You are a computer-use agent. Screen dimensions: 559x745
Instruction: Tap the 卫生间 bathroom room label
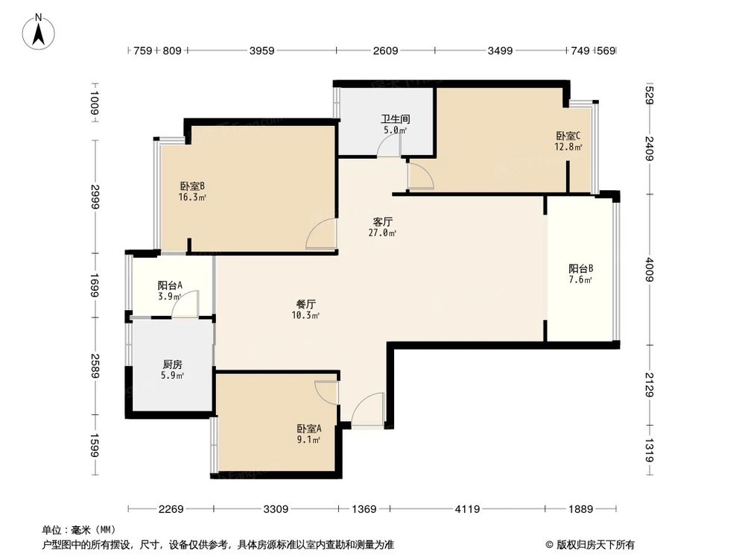coord(395,119)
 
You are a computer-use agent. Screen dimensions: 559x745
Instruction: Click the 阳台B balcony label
coord(580,269)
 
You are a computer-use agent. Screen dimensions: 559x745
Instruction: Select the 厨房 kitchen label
coord(173,365)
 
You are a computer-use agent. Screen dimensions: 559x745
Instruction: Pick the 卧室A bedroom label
coord(308,429)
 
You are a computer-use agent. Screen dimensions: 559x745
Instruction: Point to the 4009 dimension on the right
coord(650,269)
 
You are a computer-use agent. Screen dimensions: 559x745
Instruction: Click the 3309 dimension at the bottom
coord(276,509)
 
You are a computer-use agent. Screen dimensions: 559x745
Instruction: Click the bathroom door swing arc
coord(388,148)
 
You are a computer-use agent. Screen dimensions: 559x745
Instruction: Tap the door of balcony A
coord(188,306)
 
